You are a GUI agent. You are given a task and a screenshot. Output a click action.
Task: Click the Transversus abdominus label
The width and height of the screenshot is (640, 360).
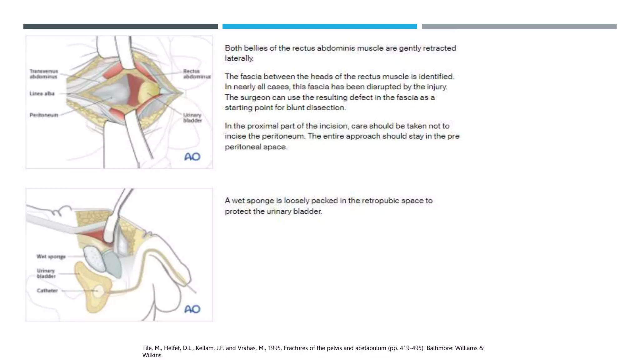click(x=44, y=74)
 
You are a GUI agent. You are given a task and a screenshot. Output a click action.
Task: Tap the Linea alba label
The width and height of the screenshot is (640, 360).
click(x=42, y=93)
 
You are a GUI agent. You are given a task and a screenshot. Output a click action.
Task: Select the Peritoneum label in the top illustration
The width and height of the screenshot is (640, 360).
click(x=44, y=115)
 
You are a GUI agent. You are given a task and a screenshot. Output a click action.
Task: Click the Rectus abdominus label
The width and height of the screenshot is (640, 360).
click(x=197, y=74)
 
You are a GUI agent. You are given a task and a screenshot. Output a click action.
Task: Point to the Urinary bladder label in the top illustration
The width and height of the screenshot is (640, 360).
click(x=192, y=118)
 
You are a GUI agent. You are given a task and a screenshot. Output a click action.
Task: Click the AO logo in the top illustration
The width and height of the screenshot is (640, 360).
click(x=192, y=157)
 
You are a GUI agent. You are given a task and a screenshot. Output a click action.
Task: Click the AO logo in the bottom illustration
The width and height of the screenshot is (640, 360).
click(x=192, y=309)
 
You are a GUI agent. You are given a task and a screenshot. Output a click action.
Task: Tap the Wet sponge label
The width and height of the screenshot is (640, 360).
click(x=51, y=257)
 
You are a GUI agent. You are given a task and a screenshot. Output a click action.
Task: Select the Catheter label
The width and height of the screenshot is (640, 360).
click(x=47, y=291)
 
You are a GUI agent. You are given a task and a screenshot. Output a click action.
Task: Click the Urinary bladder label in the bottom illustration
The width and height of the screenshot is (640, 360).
click(x=46, y=273)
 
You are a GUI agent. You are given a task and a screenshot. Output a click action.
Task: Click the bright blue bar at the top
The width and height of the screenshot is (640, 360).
click(x=319, y=27)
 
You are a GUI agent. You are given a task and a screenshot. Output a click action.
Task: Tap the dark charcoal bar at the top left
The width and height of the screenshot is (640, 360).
click(x=120, y=27)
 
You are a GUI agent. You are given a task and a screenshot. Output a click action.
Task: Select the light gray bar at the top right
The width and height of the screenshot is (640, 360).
click(x=519, y=27)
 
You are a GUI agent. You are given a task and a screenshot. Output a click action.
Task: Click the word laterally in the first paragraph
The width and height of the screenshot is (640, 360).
click(x=239, y=58)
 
